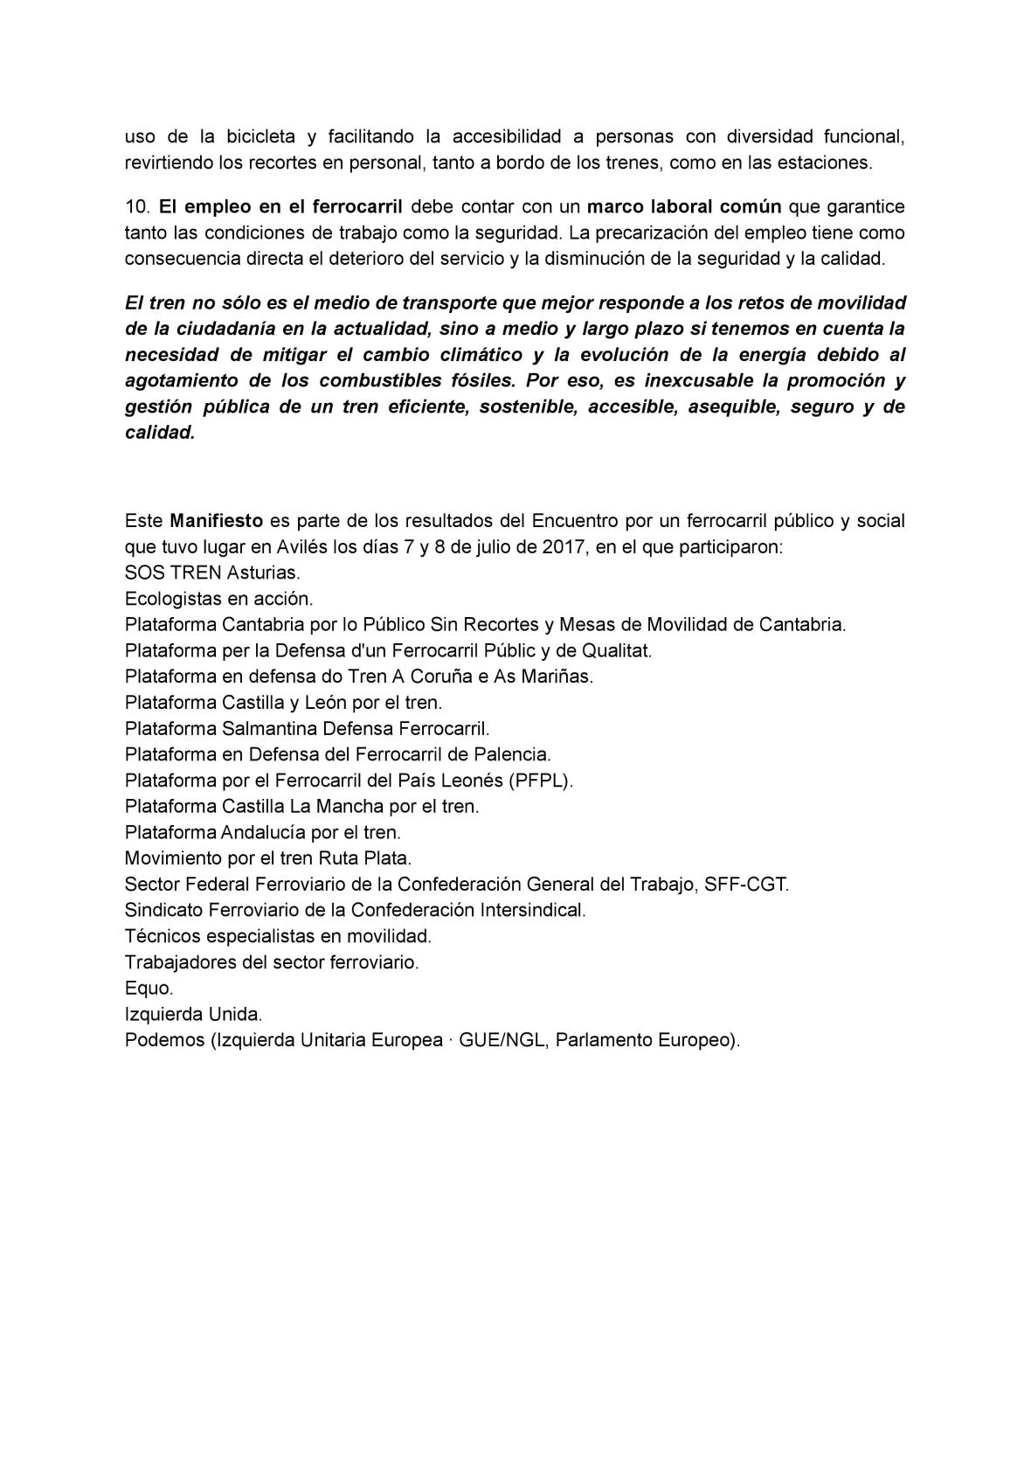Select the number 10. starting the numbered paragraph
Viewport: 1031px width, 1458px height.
click(138, 207)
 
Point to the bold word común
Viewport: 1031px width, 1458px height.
click(749, 207)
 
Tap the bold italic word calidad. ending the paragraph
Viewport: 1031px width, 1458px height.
click(160, 434)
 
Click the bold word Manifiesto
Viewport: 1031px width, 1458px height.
click(216, 521)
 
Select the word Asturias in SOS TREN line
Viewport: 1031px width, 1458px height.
click(263, 573)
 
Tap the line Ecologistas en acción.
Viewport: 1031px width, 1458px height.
click(218, 599)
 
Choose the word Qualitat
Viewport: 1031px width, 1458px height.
click(612, 651)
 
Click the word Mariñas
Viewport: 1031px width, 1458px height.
click(556, 677)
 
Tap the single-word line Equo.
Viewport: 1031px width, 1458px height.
click(149, 988)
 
